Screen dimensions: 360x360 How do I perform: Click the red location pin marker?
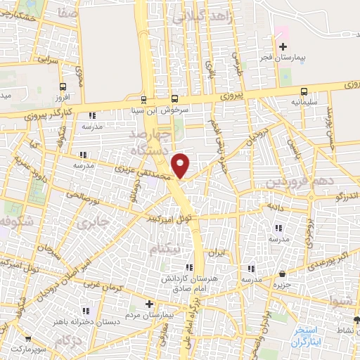pos(181,165)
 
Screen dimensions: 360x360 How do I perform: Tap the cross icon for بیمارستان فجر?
pos(283,46)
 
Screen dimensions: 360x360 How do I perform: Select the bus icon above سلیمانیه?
pos(304,91)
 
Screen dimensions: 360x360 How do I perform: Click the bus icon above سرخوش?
pos(174,99)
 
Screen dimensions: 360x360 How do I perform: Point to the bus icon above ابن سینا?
pos(144,100)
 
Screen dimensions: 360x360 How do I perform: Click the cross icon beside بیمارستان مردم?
pos(148,304)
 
